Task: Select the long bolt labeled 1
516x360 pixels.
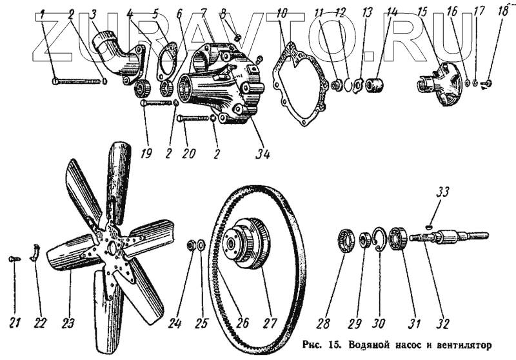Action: click(x=77, y=82)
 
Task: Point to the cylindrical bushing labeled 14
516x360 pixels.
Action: click(x=375, y=85)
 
